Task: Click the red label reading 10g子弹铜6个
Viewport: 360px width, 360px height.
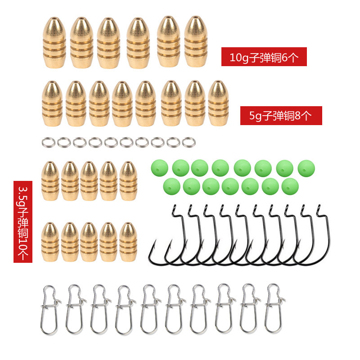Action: (264, 57)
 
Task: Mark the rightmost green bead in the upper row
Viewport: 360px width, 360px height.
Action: (306, 167)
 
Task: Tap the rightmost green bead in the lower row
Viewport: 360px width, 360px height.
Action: (289, 185)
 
